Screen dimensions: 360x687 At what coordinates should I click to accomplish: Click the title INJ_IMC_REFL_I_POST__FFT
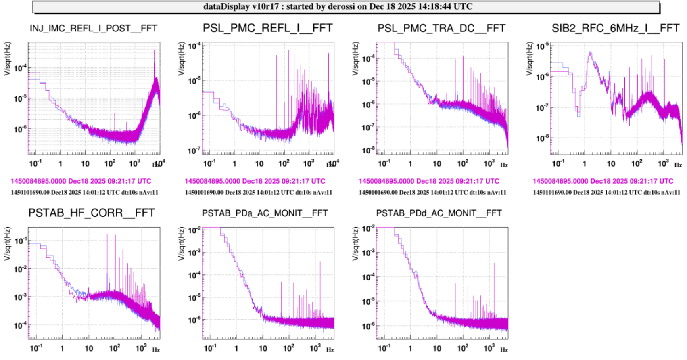coord(93,29)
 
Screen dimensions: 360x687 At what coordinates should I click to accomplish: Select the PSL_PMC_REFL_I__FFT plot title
coord(267,28)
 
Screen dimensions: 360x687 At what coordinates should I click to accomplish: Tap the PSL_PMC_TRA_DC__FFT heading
coord(441,29)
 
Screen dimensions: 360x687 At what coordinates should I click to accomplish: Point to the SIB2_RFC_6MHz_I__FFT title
coord(616,28)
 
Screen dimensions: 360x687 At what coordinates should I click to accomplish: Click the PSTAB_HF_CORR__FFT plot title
coord(92,213)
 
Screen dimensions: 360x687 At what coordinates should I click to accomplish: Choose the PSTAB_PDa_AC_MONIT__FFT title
coord(265,213)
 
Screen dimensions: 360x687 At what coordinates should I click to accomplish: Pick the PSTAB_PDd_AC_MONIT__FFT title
coord(439,213)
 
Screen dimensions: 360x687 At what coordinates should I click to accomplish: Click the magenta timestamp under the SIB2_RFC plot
coord(603,181)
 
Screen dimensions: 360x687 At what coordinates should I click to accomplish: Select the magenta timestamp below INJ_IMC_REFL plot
coord(81,181)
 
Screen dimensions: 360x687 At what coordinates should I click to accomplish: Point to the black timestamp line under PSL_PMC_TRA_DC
coord(432,192)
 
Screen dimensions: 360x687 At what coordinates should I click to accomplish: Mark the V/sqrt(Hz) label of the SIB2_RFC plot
coord(530,59)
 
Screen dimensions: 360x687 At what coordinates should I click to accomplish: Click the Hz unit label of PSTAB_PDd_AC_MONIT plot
coord(504,350)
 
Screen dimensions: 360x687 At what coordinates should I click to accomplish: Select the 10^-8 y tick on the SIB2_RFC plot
coord(542,138)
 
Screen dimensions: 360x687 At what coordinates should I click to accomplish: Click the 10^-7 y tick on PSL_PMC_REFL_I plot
coord(194,151)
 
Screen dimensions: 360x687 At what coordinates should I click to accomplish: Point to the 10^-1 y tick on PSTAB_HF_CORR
coord(21,241)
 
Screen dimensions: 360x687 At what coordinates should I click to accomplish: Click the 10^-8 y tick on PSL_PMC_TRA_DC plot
coord(368,151)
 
